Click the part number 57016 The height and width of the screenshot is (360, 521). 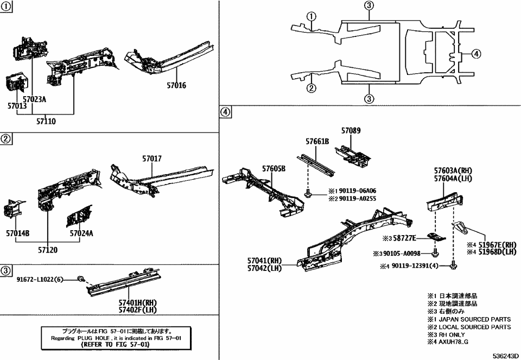click(176, 85)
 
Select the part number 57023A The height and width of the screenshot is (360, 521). click(34, 99)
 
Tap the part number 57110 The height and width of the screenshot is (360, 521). click(46, 122)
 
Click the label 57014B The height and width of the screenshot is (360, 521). click(18, 233)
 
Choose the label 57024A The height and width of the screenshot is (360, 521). click(81, 233)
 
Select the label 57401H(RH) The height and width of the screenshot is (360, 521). click(138, 302)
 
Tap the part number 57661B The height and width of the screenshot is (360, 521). click(316, 141)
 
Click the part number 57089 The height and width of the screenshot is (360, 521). click(351, 131)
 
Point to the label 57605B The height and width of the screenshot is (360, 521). click(274, 168)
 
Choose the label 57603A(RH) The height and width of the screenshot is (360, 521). click(453, 170)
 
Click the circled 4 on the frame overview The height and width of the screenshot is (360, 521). click(475, 54)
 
